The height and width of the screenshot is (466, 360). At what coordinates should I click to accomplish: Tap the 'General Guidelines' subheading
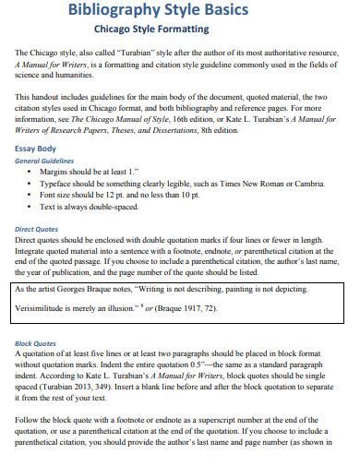coord(47,160)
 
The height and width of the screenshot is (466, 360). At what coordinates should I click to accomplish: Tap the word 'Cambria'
coord(301,183)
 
